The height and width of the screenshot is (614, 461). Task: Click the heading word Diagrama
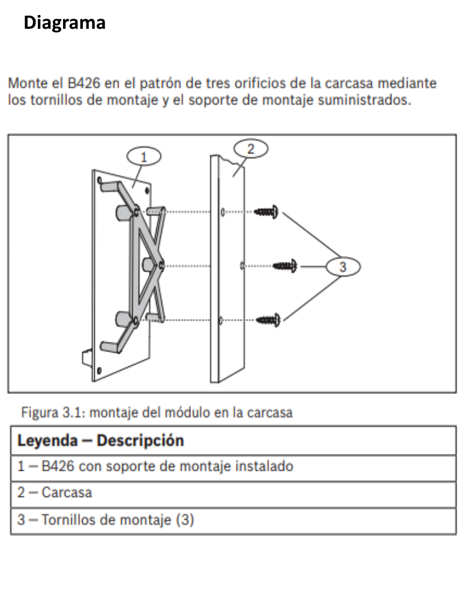pos(65,23)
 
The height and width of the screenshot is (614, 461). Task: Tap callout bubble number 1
pos(144,157)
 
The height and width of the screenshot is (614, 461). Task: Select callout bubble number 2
pos(251,149)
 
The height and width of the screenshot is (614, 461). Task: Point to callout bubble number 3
pos(343,267)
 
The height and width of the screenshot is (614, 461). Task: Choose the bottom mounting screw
pos(268,320)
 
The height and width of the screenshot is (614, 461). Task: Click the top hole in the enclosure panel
pos(223,212)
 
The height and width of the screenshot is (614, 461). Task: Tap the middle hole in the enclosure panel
pos(241,265)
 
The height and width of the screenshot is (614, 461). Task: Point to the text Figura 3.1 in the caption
pos(46,413)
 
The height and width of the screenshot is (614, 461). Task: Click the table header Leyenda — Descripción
pos(100,441)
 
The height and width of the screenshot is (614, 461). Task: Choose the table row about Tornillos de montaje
pos(106,520)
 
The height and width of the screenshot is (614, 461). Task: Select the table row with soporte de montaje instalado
pos(155,466)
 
